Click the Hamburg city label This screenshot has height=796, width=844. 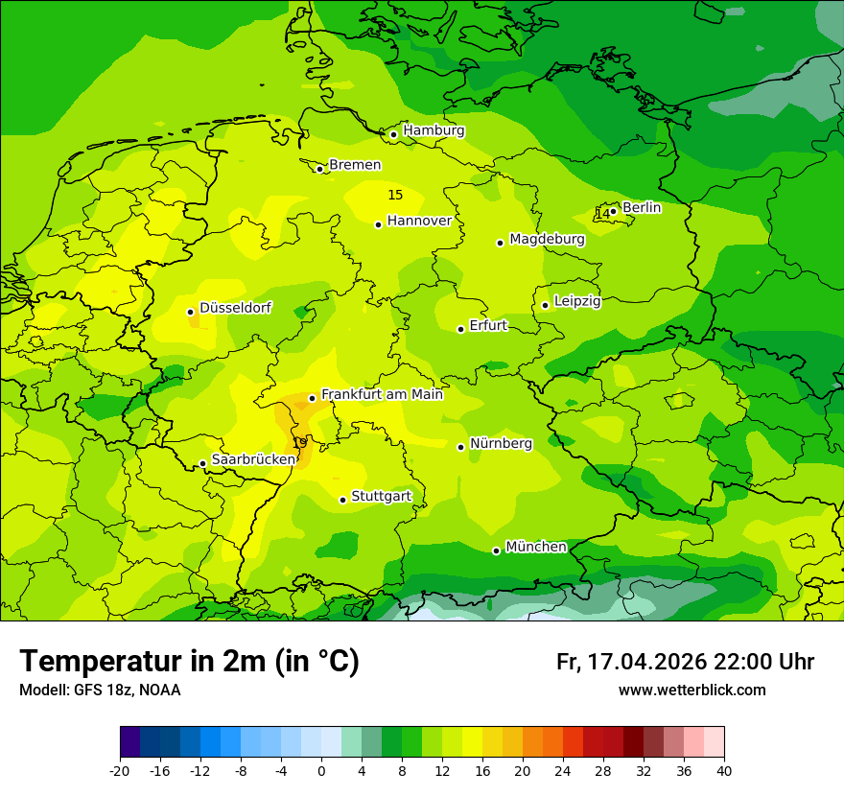(x=434, y=130)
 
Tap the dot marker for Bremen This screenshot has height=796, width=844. (x=319, y=169)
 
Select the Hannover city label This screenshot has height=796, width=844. (x=419, y=221)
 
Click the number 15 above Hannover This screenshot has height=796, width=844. (x=395, y=195)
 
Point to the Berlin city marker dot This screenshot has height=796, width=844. (x=614, y=211)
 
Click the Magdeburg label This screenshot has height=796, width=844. (x=547, y=239)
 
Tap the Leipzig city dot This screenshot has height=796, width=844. (x=545, y=305)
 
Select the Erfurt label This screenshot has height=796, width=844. (x=488, y=326)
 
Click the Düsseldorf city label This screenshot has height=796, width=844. (x=235, y=308)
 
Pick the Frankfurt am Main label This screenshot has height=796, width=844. (x=382, y=394)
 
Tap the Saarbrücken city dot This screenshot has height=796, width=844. (x=202, y=464)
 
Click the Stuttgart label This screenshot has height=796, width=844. (x=381, y=497)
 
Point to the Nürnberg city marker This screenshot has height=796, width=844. (x=461, y=447)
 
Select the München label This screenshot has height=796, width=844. (x=535, y=547)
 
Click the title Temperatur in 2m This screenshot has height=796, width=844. (x=189, y=661)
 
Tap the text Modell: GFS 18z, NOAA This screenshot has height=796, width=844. (x=100, y=690)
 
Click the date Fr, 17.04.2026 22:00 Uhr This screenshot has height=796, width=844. (x=685, y=662)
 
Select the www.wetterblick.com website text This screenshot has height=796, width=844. (x=692, y=690)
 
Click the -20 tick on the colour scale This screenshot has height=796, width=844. (x=120, y=770)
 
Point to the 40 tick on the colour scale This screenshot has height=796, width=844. (x=724, y=770)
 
